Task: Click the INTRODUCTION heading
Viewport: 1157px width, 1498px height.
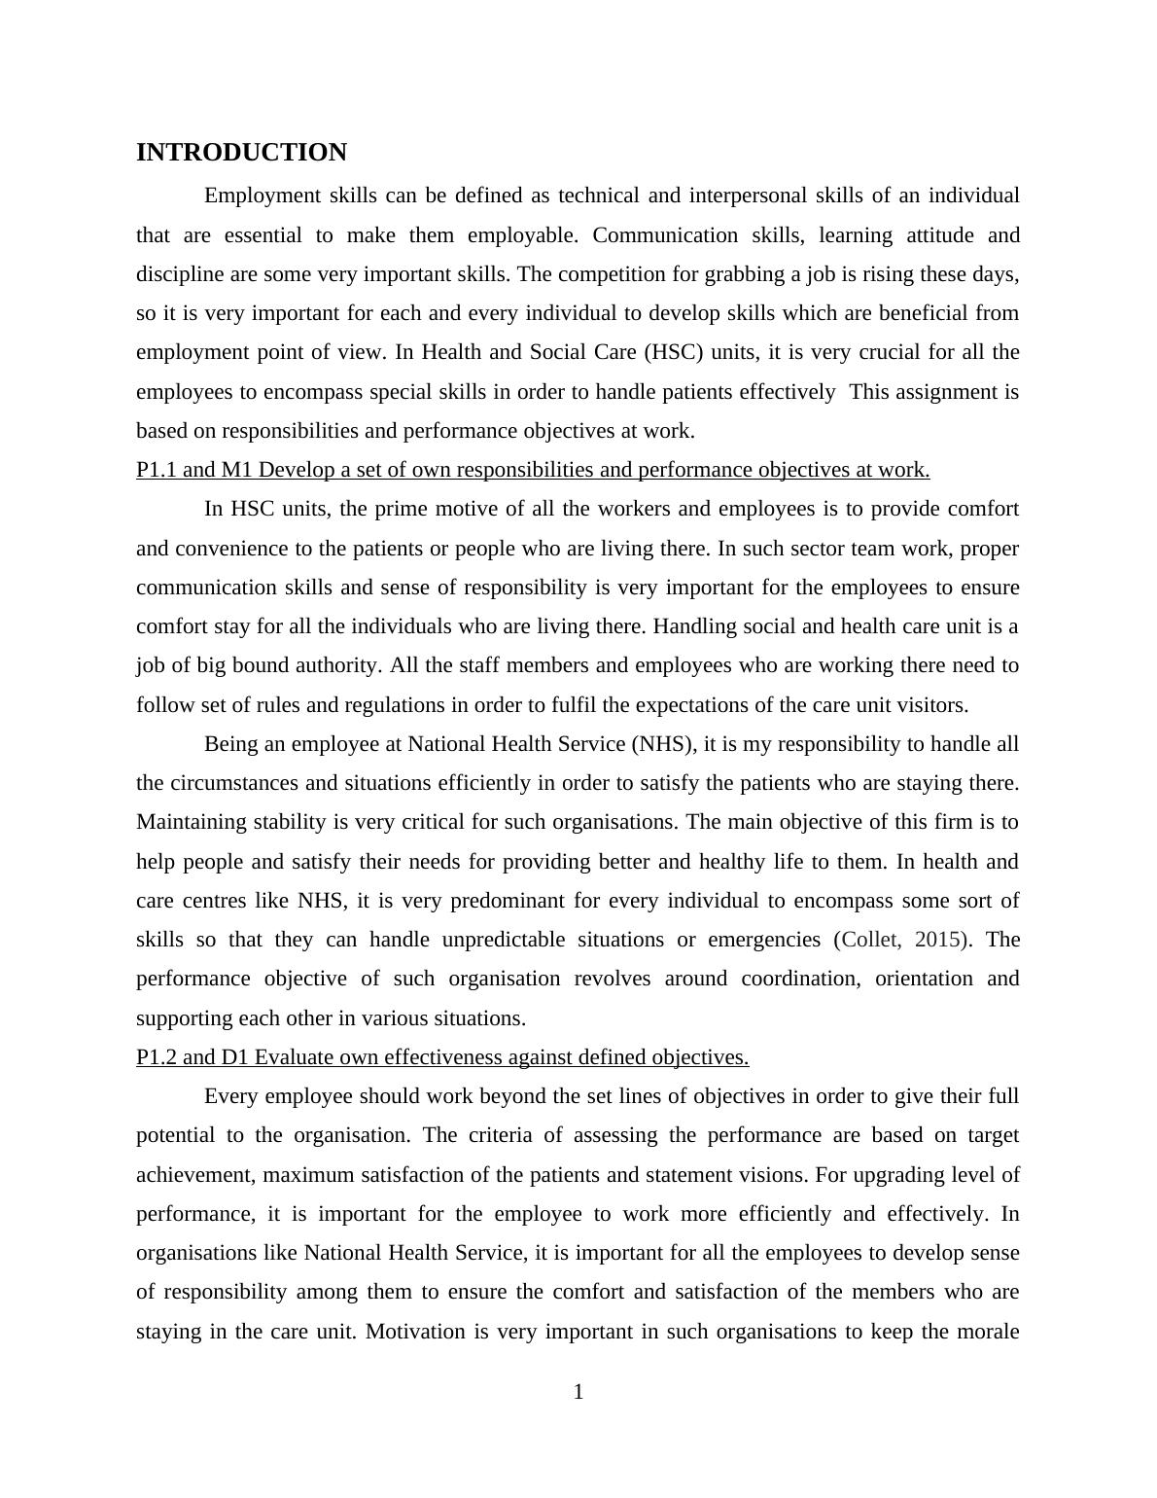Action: click(x=241, y=153)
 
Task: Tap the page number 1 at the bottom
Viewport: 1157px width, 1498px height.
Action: click(x=578, y=1392)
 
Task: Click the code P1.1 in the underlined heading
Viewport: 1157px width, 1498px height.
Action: click(x=157, y=470)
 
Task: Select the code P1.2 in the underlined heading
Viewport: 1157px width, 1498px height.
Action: click(x=157, y=1057)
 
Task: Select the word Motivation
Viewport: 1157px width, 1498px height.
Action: click(x=415, y=1331)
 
